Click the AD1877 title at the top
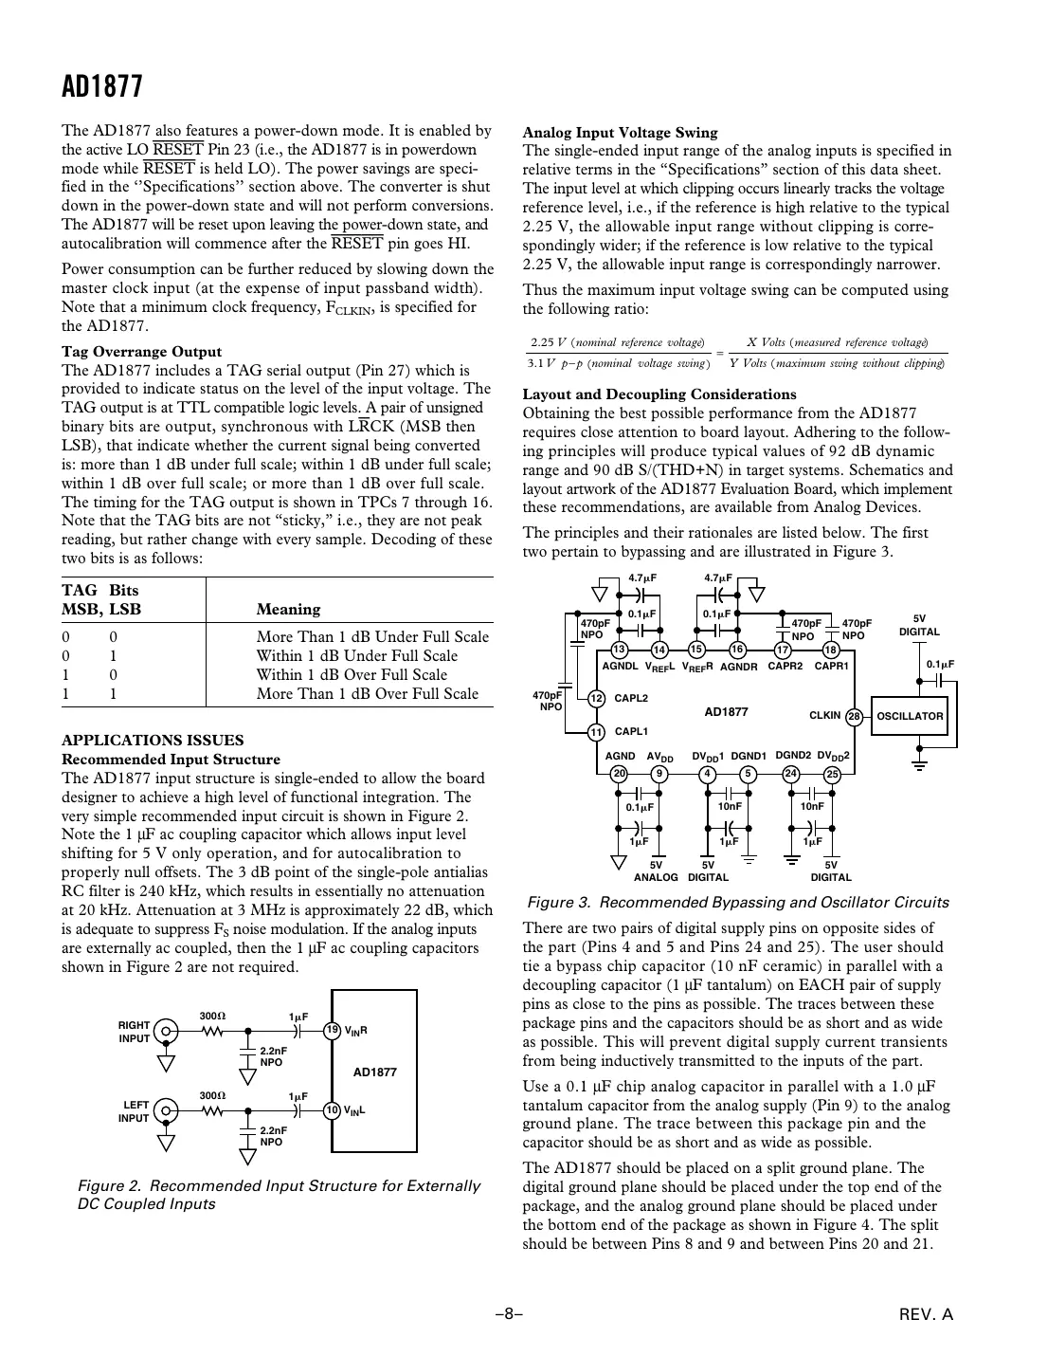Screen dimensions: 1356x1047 coord(102,87)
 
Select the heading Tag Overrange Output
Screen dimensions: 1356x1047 coord(141,351)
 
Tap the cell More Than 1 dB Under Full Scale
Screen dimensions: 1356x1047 coord(372,636)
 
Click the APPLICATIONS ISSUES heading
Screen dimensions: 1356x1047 coord(153,740)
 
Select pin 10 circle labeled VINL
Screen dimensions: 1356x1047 coord(333,1110)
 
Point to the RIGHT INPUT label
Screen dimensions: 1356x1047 coord(134,1032)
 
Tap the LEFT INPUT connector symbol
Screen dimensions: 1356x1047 coord(167,1110)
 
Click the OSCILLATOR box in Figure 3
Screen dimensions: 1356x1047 coord(909,716)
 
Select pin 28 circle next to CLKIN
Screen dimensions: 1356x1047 coord(854,716)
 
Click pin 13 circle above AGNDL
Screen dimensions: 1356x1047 coord(620,650)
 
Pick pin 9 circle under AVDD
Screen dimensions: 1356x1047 coord(659,773)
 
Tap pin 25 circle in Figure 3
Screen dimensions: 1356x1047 coord(833,773)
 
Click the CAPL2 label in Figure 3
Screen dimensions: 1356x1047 coord(631,698)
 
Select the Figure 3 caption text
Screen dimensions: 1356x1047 coord(737,902)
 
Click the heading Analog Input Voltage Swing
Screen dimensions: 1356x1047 coord(620,133)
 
